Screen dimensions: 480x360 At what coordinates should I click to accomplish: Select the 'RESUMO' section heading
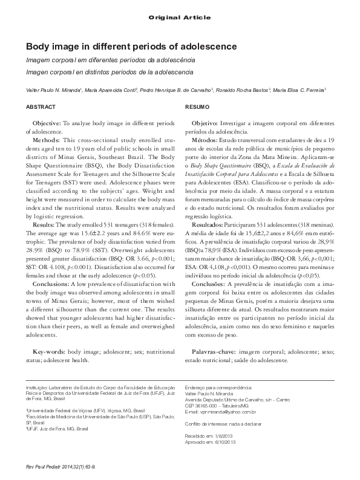tap(196, 106)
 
